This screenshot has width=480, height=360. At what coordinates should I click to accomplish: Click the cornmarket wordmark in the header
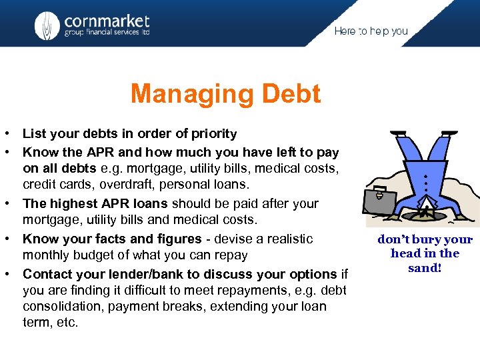[107, 21]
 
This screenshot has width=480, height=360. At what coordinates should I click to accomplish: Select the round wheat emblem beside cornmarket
[47, 26]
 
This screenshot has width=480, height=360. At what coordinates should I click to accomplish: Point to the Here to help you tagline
[371, 31]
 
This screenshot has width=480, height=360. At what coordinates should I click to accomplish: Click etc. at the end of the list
[69, 323]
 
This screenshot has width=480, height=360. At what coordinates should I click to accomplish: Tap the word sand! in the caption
[425, 267]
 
